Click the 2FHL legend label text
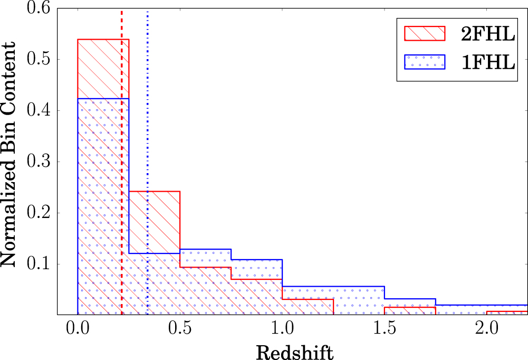point(487,33)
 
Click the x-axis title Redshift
point(294,351)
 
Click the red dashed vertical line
point(122,158)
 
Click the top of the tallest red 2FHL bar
point(103,40)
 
